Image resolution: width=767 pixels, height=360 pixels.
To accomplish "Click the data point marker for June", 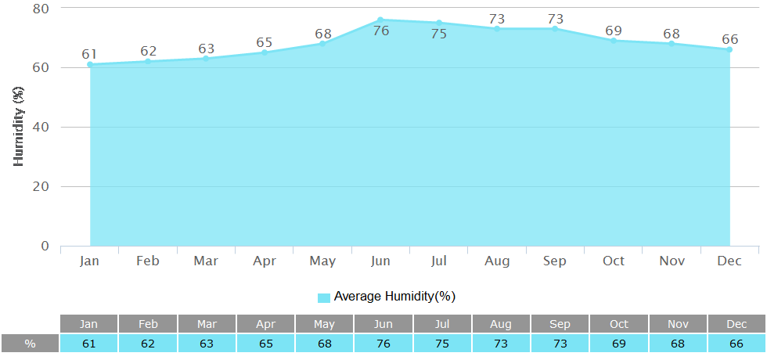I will (x=380, y=20).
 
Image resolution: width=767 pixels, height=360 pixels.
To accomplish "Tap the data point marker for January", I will (x=90, y=64).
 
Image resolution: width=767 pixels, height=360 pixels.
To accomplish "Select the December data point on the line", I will (x=729, y=49).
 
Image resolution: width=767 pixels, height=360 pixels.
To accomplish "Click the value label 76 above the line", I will (x=381, y=32).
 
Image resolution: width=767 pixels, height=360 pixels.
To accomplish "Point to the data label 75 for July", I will (x=438, y=34).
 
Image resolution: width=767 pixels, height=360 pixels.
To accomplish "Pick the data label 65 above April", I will (x=265, y=40).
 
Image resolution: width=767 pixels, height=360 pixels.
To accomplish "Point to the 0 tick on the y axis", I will (x=44, y=246).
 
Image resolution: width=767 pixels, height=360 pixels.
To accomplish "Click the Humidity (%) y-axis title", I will (x=20, y=127).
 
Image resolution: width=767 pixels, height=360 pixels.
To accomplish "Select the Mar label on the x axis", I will (x=206, y=261).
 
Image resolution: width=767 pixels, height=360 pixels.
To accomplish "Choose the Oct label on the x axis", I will (x=614, y=261).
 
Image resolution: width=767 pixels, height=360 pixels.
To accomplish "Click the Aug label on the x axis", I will (x=497, y=261).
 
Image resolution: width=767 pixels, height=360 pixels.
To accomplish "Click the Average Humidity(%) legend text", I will (x=394, y=297).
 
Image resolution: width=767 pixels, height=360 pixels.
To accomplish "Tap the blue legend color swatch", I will (x=324, y=297).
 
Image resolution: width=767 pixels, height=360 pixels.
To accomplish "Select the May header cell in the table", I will (x=323, y=324).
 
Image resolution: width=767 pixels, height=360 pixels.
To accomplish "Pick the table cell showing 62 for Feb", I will (x=147, y=344).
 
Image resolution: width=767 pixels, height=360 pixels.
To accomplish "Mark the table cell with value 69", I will (x=618, y=344).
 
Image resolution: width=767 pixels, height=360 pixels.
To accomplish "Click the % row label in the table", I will (x=30, y=344).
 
